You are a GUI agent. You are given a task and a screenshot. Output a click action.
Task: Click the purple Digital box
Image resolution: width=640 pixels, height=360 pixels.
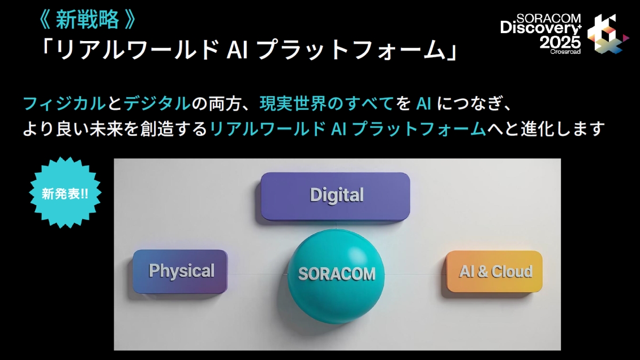coord(335,196)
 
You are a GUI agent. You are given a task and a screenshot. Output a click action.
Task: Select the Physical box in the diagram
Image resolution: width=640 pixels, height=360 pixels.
coord(180,271)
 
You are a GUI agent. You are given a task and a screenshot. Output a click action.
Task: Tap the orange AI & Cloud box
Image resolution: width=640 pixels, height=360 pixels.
coord(494,271)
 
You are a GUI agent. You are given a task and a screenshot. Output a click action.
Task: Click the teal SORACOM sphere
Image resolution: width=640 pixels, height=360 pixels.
coord(336,276)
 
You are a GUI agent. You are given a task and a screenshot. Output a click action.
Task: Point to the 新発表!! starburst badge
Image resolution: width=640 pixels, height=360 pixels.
coord(65,193)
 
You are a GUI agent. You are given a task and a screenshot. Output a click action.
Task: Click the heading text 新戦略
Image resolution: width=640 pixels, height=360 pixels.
coord(87,20)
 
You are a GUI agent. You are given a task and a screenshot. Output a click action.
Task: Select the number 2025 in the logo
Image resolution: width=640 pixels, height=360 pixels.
coord(560,43)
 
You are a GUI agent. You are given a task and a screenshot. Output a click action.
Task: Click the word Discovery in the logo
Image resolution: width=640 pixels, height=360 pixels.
coord(539,28)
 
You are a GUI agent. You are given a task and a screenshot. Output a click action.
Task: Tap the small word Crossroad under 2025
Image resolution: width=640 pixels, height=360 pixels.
coord(565,52)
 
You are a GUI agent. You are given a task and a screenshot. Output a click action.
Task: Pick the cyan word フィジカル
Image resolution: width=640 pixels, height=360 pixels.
coord(65,103)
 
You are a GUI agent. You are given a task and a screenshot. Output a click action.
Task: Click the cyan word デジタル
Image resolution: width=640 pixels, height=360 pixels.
coord(157,103)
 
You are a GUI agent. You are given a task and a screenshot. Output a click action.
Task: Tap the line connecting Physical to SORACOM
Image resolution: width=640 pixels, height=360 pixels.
coord(258,274)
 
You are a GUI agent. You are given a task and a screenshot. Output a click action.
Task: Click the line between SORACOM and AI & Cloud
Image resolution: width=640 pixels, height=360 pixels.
coord(415,274)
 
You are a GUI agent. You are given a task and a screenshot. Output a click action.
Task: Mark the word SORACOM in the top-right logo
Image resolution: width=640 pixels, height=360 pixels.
coord(549,18)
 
